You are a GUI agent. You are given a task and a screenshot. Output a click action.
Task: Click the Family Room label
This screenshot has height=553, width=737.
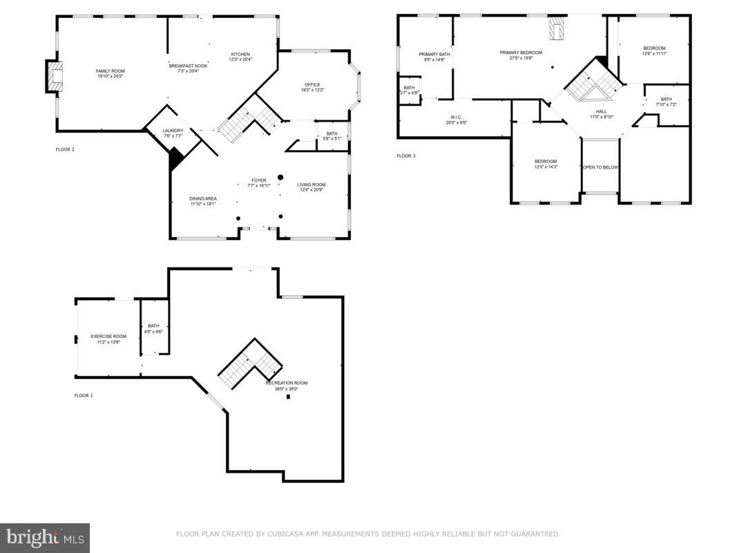[110, 73]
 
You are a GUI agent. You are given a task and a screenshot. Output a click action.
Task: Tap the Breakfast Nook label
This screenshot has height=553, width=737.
[188, 68]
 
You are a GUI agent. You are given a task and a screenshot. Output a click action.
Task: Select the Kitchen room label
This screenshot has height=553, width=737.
[240, 57]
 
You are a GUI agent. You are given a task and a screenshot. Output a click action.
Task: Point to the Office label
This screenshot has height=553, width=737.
[312, 87]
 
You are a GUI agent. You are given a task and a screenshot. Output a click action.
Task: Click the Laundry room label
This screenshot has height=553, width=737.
[173, 133]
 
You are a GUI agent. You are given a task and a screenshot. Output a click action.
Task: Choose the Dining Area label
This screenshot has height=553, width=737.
[203, 201]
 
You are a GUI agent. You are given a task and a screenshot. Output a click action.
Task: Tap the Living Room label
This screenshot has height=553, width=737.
[311, 187]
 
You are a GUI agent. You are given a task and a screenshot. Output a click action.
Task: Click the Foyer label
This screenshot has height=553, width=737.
[258, 182]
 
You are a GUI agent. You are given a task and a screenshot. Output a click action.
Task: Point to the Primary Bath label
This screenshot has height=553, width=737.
[434, 56]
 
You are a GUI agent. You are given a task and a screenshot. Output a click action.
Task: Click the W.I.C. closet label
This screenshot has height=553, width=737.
[457, 120]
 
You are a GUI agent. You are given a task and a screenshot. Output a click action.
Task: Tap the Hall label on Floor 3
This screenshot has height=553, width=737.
[601, 114]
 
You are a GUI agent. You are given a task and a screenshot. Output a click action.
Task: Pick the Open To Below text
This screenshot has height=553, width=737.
[600, 167]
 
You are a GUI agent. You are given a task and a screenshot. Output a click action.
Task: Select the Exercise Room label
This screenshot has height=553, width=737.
[108, 339]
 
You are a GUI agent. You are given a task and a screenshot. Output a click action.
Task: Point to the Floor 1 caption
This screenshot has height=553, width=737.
[84, 395]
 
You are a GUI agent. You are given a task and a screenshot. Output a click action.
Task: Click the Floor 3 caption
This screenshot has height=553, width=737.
[406, 156]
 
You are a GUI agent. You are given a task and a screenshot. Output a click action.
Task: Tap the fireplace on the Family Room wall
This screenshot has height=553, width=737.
[55, 76]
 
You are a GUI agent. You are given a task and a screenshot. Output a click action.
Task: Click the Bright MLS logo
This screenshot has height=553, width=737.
[44, 538]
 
